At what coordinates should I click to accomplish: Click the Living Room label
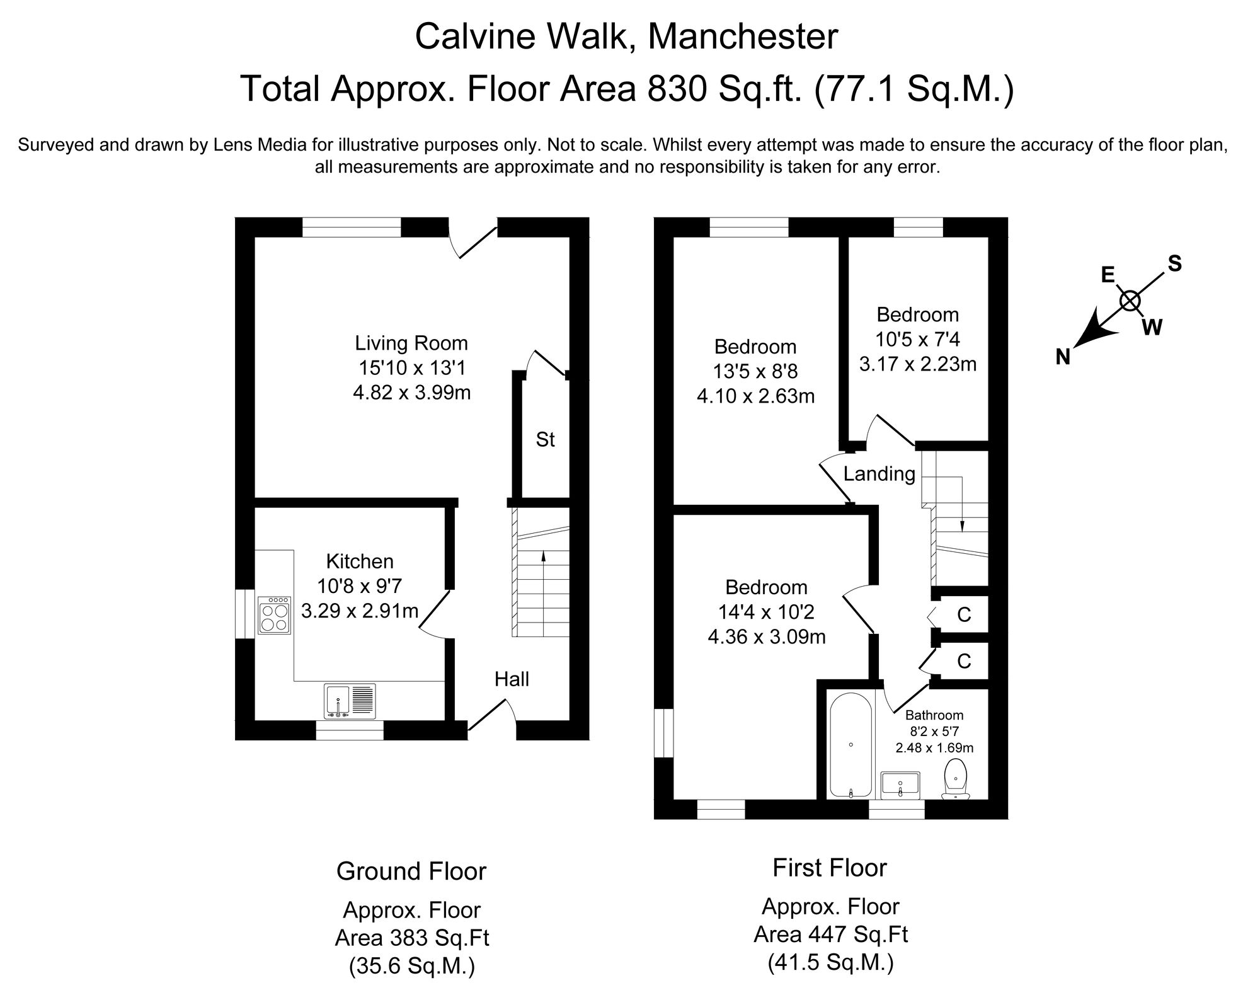(x=411, y=343)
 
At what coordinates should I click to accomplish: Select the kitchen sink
(x=350, y=701)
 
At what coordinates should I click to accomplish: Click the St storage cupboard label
(x=545, y=439)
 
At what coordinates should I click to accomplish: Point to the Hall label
(x=512, y=679)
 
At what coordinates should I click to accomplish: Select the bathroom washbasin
(x=901, y=785)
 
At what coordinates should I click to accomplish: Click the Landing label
(x=879, y=474)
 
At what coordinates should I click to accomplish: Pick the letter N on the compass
(x=1063, y=358)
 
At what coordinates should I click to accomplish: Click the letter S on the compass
(x=1174, y=263)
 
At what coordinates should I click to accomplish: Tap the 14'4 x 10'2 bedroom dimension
(x=766, y=612)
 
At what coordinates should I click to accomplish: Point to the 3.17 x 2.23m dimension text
(x=917, y=364)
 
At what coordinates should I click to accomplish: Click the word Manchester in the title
(x=743, y=37)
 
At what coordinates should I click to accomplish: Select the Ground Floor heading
(x=411, y=871)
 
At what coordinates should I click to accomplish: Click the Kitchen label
(x=359, y=561)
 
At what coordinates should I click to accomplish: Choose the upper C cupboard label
(x=963, y=614)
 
